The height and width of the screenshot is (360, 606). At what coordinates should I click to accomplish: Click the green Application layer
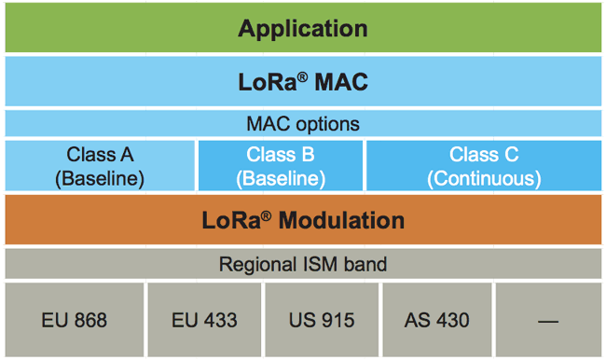point(303,28)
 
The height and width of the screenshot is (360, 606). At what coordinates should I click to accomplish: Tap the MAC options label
point(303,124)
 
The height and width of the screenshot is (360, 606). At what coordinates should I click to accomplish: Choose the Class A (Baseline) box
point(100,166)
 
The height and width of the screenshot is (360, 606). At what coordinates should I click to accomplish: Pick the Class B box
point(280,166)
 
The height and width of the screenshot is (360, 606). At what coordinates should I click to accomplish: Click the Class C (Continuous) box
point(484,166)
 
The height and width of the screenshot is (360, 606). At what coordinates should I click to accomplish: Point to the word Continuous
point(484,177)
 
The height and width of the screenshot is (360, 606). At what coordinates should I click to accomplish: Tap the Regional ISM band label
point(303,265)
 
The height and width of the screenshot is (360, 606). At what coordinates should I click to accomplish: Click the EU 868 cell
point(75,320)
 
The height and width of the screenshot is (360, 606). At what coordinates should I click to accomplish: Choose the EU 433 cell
point(204,320)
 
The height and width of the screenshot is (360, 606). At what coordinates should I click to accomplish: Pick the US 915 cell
point(323,320)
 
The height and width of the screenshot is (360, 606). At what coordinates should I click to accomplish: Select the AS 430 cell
point(436,320)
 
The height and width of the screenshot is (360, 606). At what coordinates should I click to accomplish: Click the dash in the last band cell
point(548,321)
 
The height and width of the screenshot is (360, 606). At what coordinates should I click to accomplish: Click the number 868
point(90,320)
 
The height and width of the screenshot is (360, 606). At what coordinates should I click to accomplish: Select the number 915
point(337,320)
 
